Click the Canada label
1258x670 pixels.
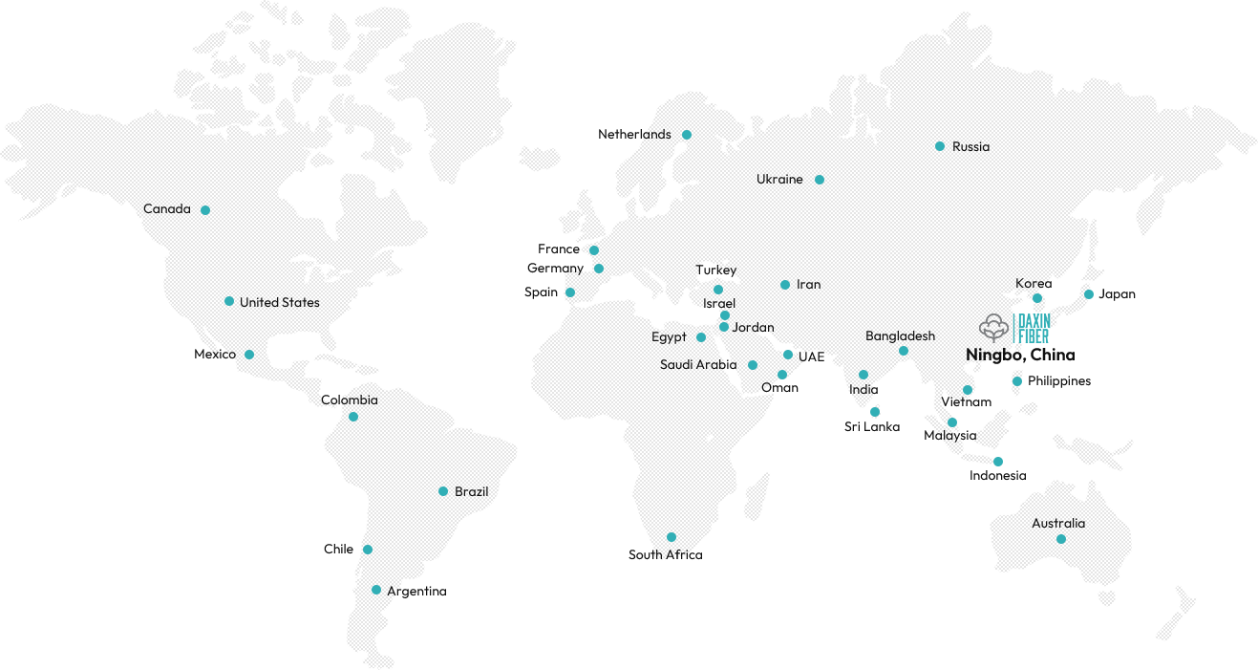[x=167, y=209]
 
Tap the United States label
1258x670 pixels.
[x=280, y=303]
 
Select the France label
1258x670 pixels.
[x=559, y=249]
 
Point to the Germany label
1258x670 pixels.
[x=555, y=269]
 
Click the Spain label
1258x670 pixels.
[x=542, y=292]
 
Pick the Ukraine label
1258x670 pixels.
[x=780, y=180]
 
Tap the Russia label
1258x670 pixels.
[x=971, y=147]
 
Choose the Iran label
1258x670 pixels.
[x=808, y=285]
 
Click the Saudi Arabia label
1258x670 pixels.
[x=698, y=365]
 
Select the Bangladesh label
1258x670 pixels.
[x=901, y=336]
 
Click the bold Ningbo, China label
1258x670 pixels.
[x=1020, y=356]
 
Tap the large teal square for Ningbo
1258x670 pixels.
[x=1033, y=328]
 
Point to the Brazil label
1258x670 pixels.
[x=472, y=491]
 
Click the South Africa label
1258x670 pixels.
[x=665, y=555]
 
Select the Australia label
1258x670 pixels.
[x=1058, y=524]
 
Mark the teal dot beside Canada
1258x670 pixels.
[x=205, y=209]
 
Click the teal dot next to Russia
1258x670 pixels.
[x=941, y=146]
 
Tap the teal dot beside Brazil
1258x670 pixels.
[x=443, y=491]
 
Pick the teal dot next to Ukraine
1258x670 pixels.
[x=820, y=180]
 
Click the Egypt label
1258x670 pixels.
[x=669, y=337]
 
